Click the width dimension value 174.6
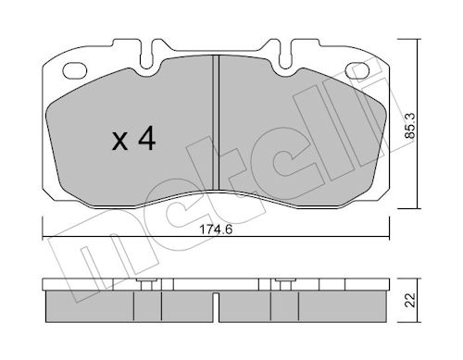[x=216, y=230]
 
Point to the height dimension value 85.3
[x=410, y=126]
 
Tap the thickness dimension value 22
[x=410, y=300]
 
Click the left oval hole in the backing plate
[x=74, y=70]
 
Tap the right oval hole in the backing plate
[x=357, y=70]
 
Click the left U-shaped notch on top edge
[x=146, y=55]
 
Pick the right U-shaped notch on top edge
[x=285, y=55]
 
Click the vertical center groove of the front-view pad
[x=216, y=122]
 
